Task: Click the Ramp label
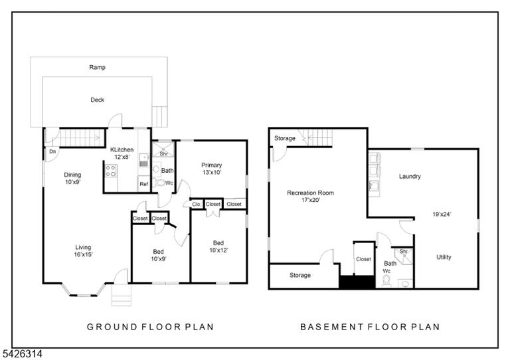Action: click(97, 67)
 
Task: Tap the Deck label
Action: click(97, 100)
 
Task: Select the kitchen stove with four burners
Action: click(111, 171)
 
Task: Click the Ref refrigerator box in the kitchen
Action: click(143, 184)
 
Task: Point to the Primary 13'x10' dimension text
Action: click(212, 172)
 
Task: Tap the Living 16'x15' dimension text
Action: click(83, 254)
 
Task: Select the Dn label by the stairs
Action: click(52, 151)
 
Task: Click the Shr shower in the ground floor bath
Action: click(163, 149)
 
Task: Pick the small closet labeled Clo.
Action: click(197, 204)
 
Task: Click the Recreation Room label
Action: click(310, 193)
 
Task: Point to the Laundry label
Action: click(410, 176)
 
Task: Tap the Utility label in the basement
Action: click(444, 257)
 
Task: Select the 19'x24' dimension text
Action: click(442, 215)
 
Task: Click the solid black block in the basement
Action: click(357, 282)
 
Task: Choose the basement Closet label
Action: click(363, 259)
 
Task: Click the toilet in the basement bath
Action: click(386, 281)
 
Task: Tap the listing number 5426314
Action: click(22, 354)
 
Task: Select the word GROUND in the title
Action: click(108, 327)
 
